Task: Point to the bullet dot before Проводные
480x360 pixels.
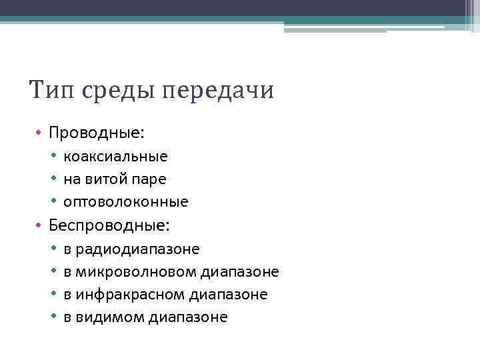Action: click(40, 133)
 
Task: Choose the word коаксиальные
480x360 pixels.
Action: click(115, 157)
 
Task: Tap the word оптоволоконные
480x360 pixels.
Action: click(126, 201)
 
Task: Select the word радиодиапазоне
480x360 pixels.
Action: click(138, 250)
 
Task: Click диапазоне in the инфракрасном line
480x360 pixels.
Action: click(229, 295)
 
